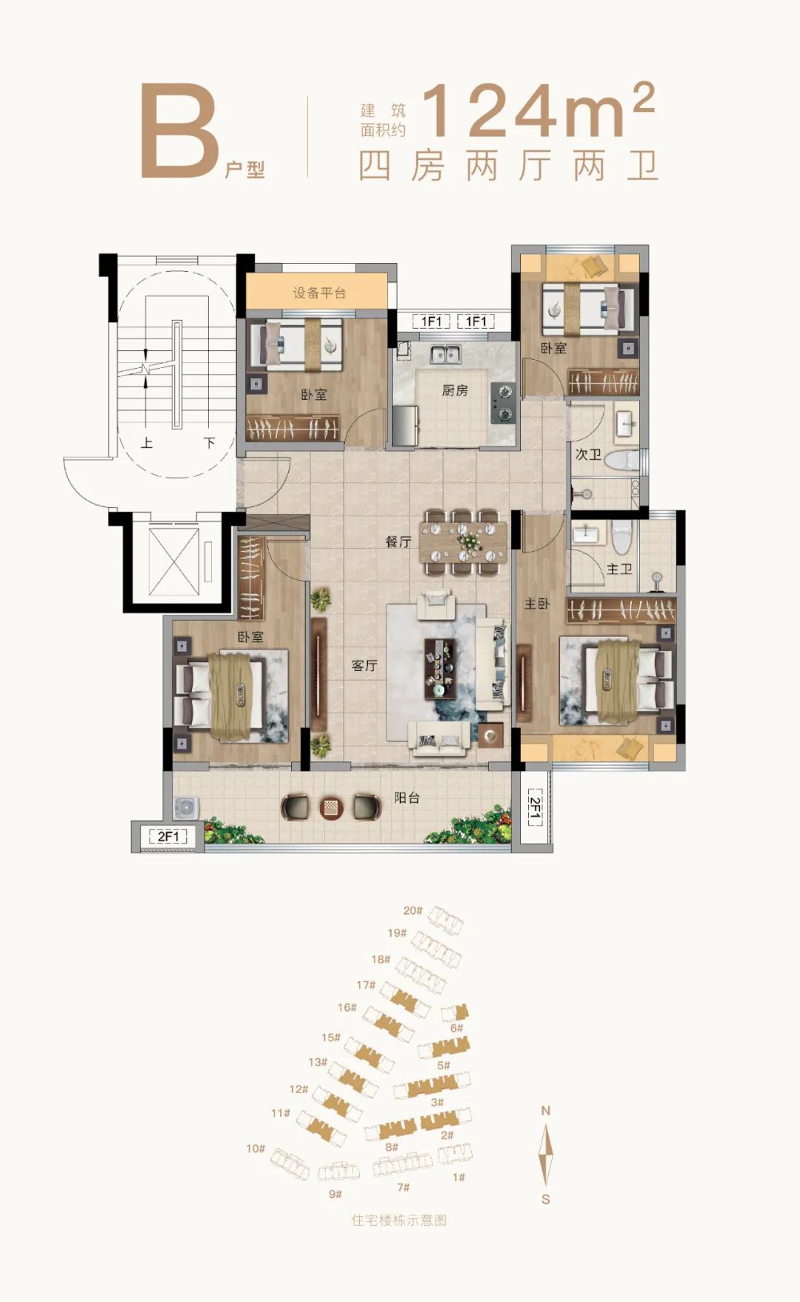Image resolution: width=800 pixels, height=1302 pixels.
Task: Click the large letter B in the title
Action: click(x=180, y=131)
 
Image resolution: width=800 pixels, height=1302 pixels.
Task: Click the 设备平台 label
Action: click(x=319, y=293)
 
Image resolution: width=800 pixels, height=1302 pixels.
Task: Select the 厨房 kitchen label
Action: click(x=455, y=390)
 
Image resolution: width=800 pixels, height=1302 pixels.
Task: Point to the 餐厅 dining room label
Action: click(x=398, y=541)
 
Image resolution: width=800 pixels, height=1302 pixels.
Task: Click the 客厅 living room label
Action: click(x=364, y=665)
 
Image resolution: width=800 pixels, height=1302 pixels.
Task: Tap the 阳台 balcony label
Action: click(x=407, y=798)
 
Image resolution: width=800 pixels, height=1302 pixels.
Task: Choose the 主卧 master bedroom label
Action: click(x=537, y=604)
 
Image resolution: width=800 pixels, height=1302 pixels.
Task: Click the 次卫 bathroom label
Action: click(x=588, y=454)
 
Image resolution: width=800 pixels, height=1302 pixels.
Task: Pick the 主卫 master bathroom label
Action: click(x=619, y=569)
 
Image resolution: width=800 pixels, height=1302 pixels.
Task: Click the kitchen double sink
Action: click(x=444, y=354)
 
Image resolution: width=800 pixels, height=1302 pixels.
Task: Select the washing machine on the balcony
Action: click(x=186, y=808)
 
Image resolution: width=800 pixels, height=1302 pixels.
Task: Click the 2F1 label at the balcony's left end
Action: click(x=168, y=836)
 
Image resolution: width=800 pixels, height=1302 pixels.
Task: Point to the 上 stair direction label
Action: click(x=147, y=442)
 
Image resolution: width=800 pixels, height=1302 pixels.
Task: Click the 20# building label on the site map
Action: click(x=413, y=910)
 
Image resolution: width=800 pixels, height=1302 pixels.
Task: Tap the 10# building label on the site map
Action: click(x=256, y=1148)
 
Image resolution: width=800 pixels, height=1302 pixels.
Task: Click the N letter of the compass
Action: click(x=546, y=1110)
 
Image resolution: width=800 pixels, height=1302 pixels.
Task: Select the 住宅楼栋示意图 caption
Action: click(x=399, y=1220)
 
